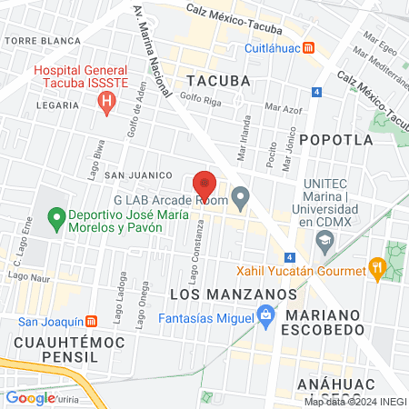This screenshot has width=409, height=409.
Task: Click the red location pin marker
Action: [204, 185]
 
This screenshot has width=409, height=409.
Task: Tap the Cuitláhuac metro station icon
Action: [310, 47]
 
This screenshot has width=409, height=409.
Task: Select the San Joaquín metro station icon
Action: [91, 321]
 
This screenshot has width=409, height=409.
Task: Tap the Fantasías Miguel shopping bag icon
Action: [265, 318]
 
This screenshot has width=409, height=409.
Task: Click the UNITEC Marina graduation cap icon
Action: [324, 240]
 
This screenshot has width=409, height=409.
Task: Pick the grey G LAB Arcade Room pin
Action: [241, 196]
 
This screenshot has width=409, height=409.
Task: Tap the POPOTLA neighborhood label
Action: [335, 140]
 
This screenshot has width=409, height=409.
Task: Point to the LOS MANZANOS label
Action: [234, 294]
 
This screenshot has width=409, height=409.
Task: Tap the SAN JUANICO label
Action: [138, 175]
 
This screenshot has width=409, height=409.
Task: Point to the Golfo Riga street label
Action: [201, 97]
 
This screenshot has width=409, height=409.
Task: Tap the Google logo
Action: [30, 398]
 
